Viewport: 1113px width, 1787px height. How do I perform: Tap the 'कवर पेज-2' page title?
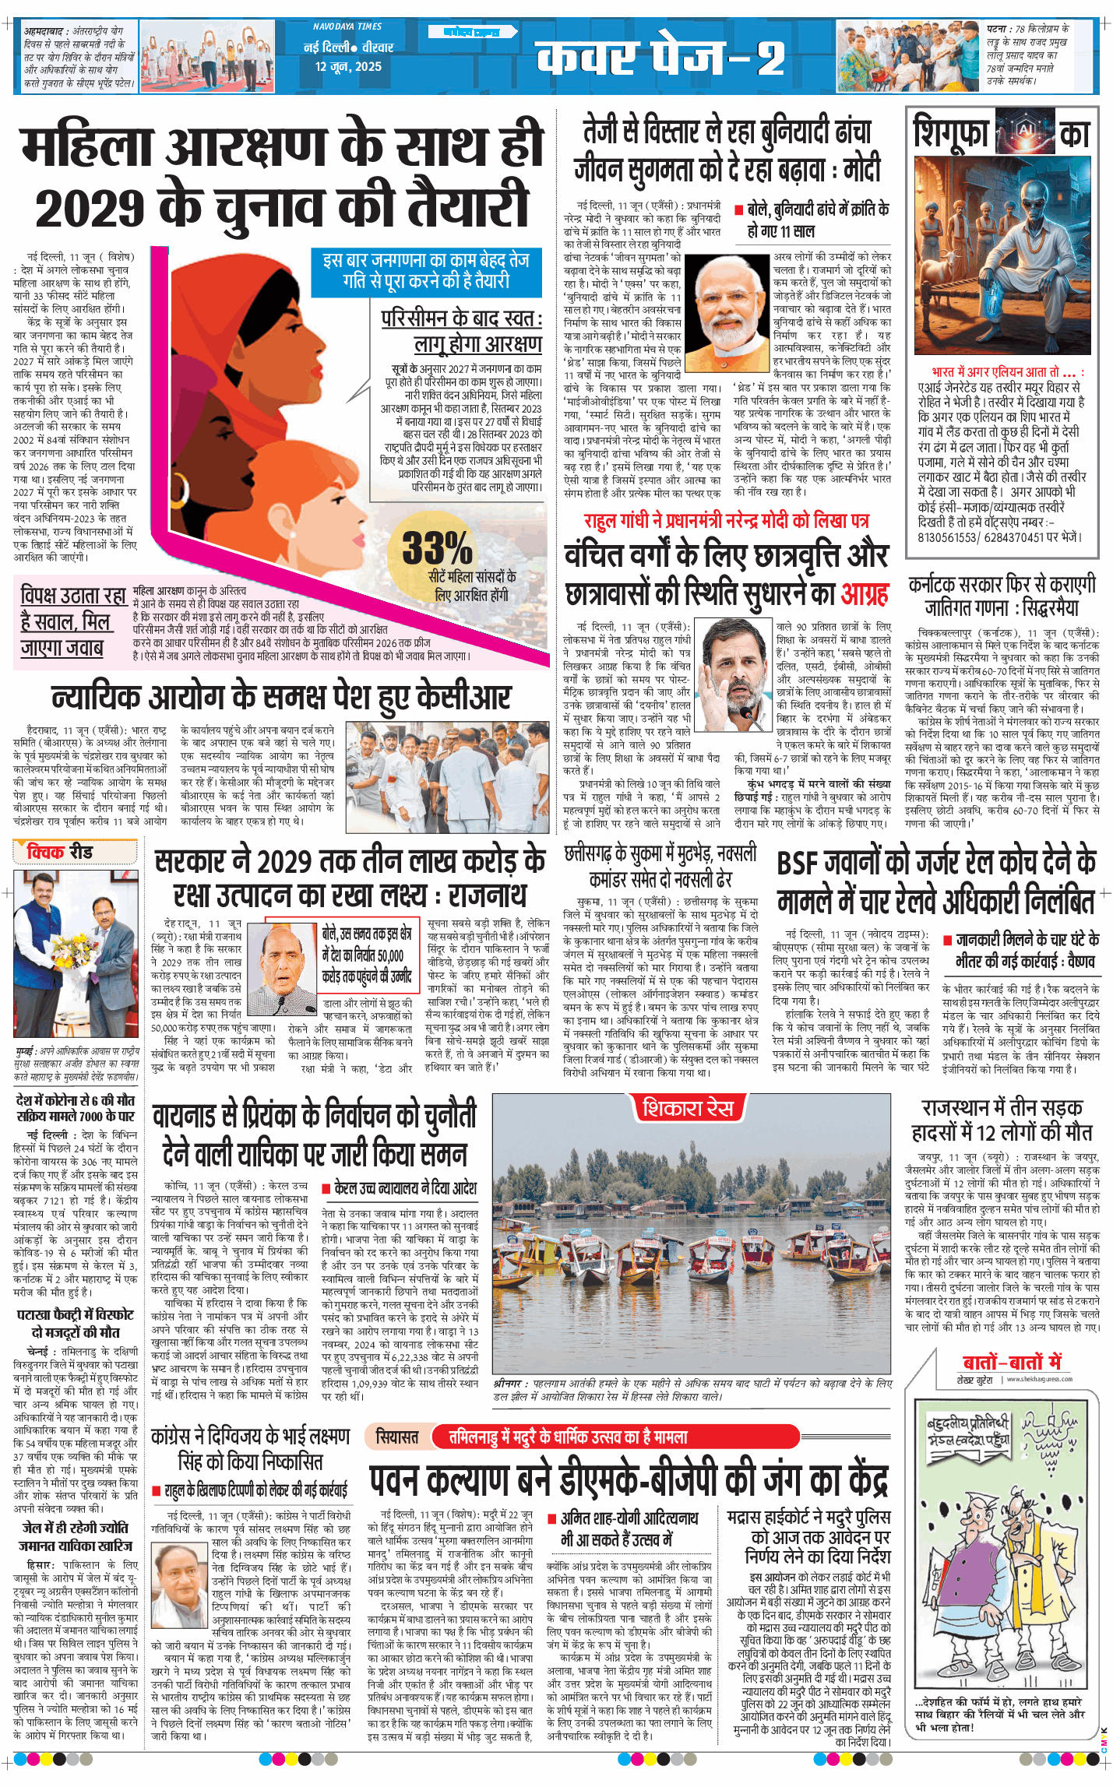[660, 57]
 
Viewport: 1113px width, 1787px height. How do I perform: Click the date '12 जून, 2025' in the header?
[348, 66]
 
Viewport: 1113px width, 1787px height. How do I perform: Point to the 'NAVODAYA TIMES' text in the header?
[347, 26]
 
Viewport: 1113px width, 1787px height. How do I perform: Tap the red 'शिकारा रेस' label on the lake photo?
[687, 1107]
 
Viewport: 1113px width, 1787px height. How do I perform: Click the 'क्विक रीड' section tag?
[60, 853]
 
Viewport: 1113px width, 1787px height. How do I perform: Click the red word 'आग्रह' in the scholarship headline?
[865, 596]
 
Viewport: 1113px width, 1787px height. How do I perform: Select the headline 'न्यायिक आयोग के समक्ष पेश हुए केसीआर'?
[281, 698]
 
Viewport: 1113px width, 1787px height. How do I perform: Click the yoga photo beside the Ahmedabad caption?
[207, 56]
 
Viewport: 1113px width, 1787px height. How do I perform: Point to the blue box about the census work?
[426, 271]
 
